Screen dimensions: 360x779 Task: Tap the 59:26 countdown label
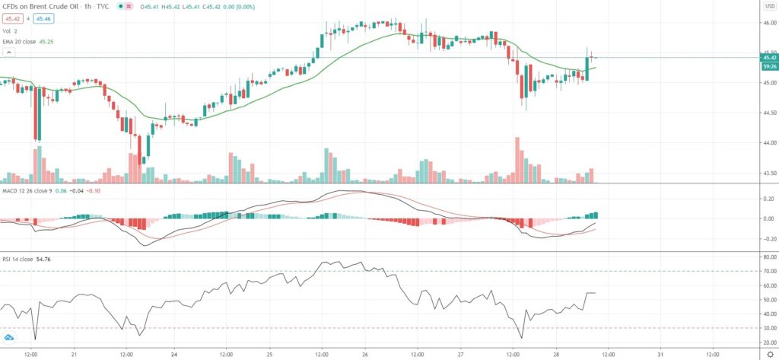click(x=768, y=66)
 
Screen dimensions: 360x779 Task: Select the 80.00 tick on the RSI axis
click(x=768, y=256)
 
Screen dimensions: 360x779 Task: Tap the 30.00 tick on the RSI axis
click(x=768, y=328)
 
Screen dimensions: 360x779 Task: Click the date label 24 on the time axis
click(x=175, y=354)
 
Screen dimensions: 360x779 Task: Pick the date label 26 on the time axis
click(x=365, y=354)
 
